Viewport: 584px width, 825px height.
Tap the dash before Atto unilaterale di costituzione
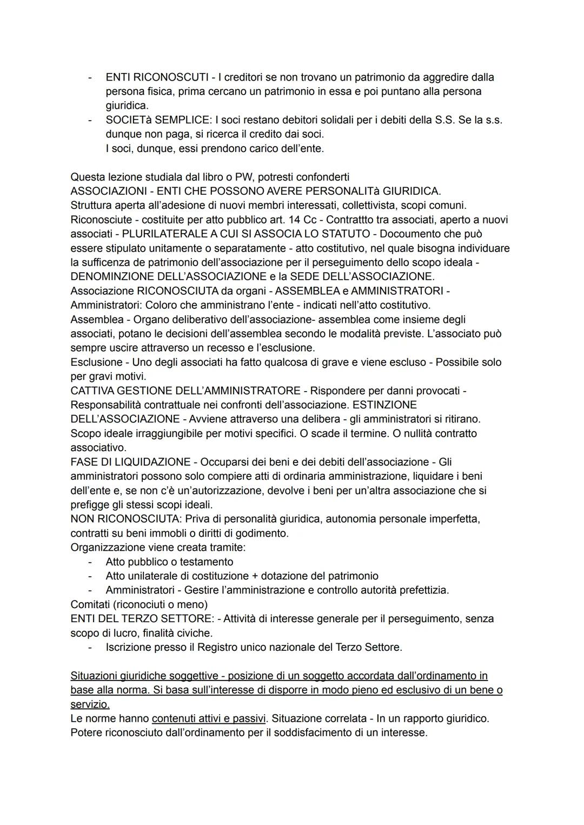click(x=91, y=576)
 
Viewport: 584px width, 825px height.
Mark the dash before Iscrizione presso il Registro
click(x=91, y=647)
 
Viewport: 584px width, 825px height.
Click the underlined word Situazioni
click(x=95, y=676)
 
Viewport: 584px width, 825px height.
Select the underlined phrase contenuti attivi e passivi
click(x=209, y=718)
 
